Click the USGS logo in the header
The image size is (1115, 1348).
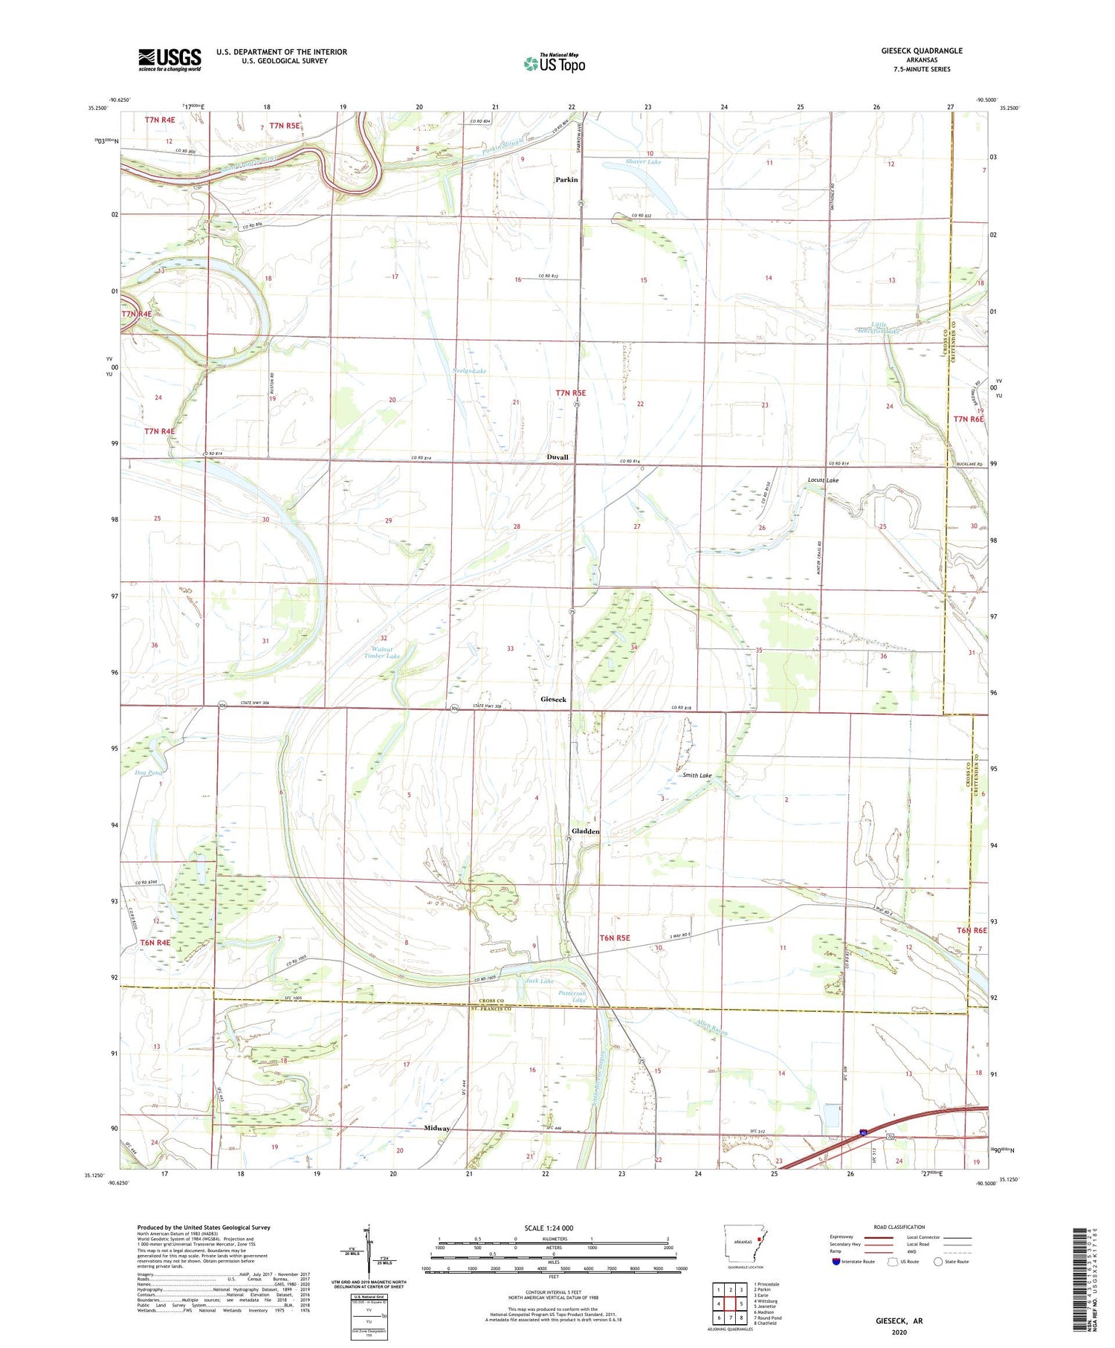tap(169, 59)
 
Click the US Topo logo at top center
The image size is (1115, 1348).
tap(554, 63)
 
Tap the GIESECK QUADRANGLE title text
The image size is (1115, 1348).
tap(922, 51)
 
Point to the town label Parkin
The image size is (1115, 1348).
tap(566, 180)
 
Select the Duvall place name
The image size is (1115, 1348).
tap(557, 457)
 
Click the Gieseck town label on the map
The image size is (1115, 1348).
tap(553, 700)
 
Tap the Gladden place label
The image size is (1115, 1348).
tap(585, 831)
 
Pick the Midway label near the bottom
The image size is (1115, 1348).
tap(437, 1128)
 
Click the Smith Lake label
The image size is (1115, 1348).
tap(697, 775)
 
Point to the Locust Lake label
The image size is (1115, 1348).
tap(823, 480)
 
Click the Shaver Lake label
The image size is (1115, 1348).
tap(643, 161)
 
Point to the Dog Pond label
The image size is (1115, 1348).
tap(149, 773)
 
